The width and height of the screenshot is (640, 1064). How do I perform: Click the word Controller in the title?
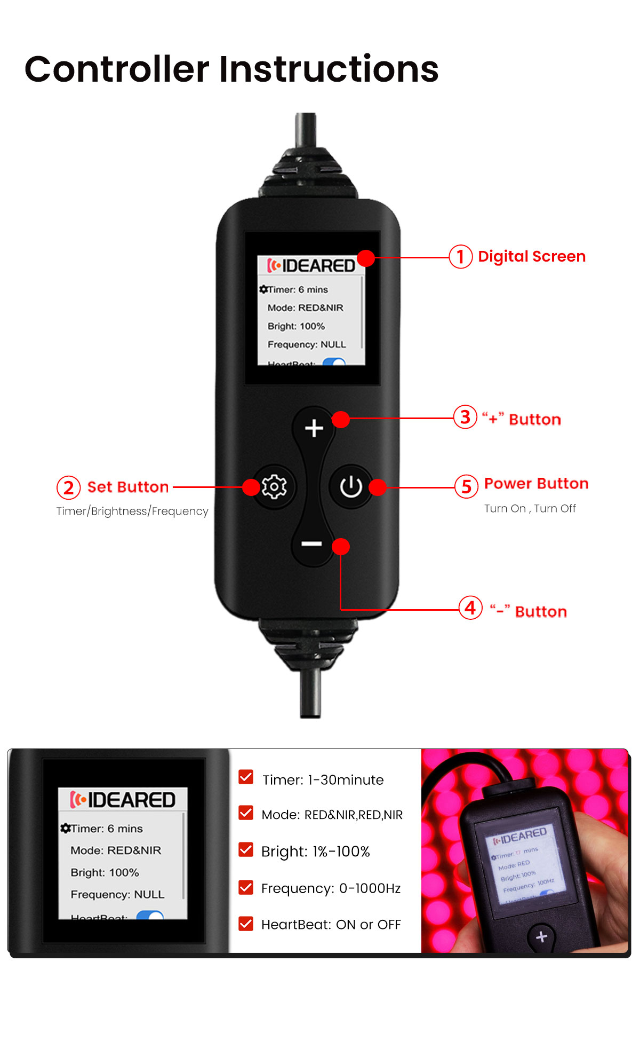click(117, 69)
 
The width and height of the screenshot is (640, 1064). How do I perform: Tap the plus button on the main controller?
click(314, 428)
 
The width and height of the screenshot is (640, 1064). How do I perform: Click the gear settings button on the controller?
click(274, 486)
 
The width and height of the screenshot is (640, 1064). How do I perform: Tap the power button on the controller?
click(351, 486)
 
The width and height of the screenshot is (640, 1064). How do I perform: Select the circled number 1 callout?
click(460, 257)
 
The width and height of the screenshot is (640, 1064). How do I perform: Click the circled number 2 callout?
click(68, 487)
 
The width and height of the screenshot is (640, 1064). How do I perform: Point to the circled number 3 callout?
click(465, 417)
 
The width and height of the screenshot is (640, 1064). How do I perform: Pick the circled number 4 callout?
click(470, 608)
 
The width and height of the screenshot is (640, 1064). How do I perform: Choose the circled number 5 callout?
click(466, 486)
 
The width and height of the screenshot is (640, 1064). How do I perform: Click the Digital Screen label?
click(532, 257)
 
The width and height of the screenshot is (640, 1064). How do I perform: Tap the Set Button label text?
click(128, 487)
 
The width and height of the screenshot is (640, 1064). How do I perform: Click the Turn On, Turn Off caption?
click(530, 509)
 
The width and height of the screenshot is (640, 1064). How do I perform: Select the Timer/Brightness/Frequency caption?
click(132, 511)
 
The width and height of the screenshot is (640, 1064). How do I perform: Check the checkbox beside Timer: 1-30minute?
click(246, 777)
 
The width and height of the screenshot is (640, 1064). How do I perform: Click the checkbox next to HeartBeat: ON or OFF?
click(246, 924)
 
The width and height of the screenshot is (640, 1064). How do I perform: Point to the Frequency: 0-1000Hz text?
click(331, 888)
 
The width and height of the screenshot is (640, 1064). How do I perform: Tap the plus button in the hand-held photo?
click(541, 936)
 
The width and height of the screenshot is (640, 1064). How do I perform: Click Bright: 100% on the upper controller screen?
click(296, 326)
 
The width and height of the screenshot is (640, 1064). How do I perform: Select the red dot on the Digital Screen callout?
click(366, 258)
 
